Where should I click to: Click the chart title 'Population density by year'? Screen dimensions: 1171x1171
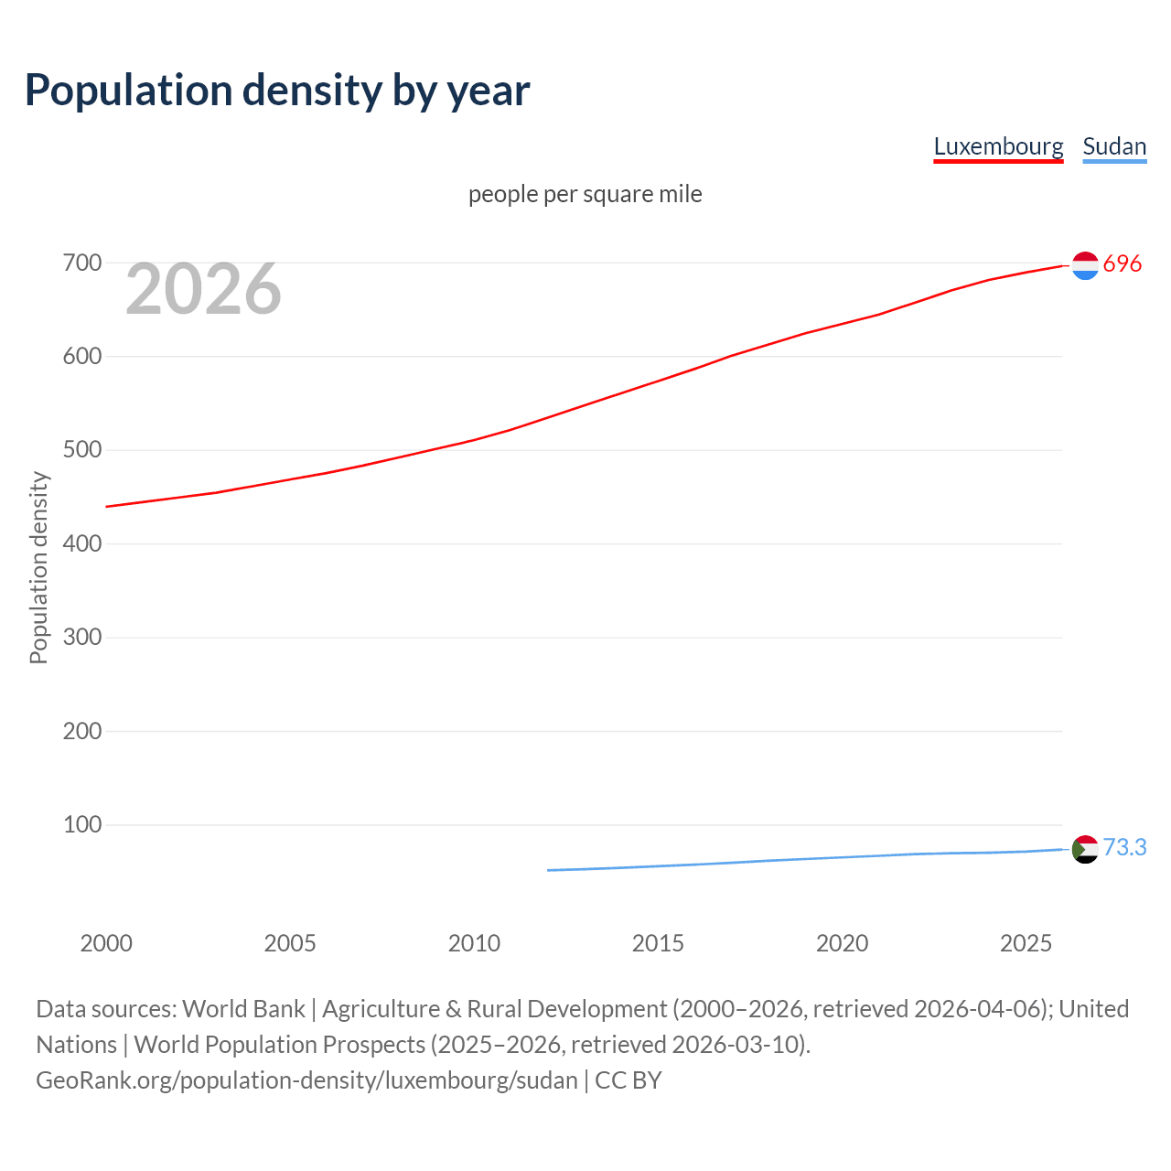point(277,90)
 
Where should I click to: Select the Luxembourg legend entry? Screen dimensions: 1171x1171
point(998,146)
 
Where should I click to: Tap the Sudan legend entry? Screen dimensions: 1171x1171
point(1113,146)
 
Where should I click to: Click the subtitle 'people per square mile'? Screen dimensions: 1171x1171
point(585,194)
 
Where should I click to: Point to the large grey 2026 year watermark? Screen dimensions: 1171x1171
point(203,289)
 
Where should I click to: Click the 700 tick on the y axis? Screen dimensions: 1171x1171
point(82,263)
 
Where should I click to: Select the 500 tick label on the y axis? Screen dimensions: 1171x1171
point(82,450)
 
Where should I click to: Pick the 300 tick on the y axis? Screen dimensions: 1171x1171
point(82,638)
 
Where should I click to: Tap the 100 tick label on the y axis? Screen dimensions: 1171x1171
point(82,825)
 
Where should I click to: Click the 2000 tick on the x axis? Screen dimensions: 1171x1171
point(106,943)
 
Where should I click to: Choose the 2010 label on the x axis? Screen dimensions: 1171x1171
point(474,943)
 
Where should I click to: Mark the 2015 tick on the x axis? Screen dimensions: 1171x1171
point(658,943)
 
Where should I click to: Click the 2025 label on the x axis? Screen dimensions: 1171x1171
point(1026,943)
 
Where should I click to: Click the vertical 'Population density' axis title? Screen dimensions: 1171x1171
point(38,567)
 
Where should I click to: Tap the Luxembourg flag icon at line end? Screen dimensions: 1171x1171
point(1085,265)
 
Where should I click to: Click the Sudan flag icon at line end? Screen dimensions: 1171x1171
point(1085,849)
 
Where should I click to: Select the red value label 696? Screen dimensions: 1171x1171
point(1123,263)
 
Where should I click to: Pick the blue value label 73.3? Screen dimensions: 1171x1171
point(1124,848)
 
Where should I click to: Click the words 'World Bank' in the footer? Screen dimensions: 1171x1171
point(243,1009)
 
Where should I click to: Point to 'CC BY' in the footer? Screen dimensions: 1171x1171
point(628,1080)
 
